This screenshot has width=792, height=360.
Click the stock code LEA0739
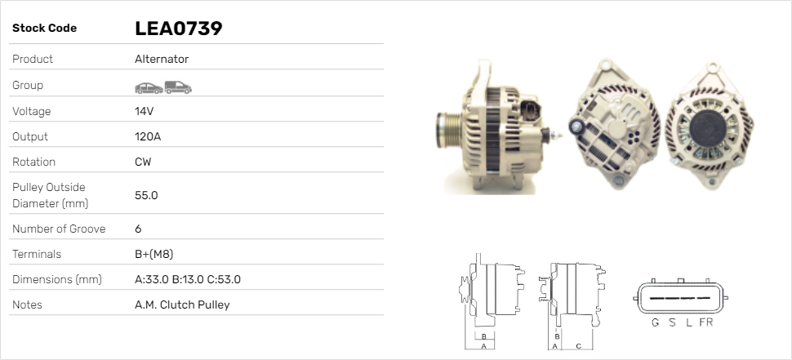(x=178, y=29)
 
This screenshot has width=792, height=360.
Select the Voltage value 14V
(x=144, y=111)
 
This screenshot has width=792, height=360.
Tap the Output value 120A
(x=148, y=136)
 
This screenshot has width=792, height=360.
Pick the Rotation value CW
(x=143, y=162)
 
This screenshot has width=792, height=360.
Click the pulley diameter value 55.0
(x=146, y=195)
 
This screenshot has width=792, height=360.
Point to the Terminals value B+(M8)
(x=154, y=254)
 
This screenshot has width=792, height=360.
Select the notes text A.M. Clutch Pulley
(x=182, y=304)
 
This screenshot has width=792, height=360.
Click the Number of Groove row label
(x=59, y=229)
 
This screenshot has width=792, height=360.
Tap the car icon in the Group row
(x=149, y=88)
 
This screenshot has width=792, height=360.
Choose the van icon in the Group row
(x=178, y=87)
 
